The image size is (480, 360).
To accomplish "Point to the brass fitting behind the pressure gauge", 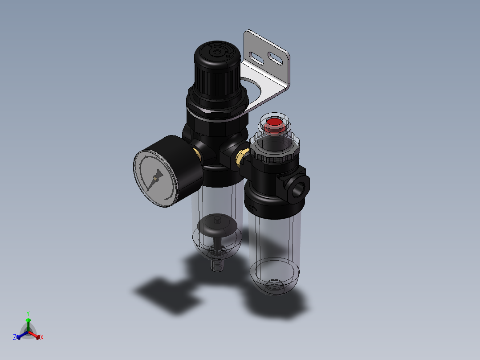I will [x=197, y=154].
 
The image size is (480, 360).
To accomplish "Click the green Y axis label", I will [x=28, y=313].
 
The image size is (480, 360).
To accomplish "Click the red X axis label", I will [x=42, y=338].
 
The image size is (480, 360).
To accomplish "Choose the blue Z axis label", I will [x=15, y=338].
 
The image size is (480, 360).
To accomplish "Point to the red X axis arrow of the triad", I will [x=35, y=335].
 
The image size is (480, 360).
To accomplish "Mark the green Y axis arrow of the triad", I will [x=28, y=323].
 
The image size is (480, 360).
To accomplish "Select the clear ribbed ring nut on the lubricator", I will [x=274, y=152].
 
